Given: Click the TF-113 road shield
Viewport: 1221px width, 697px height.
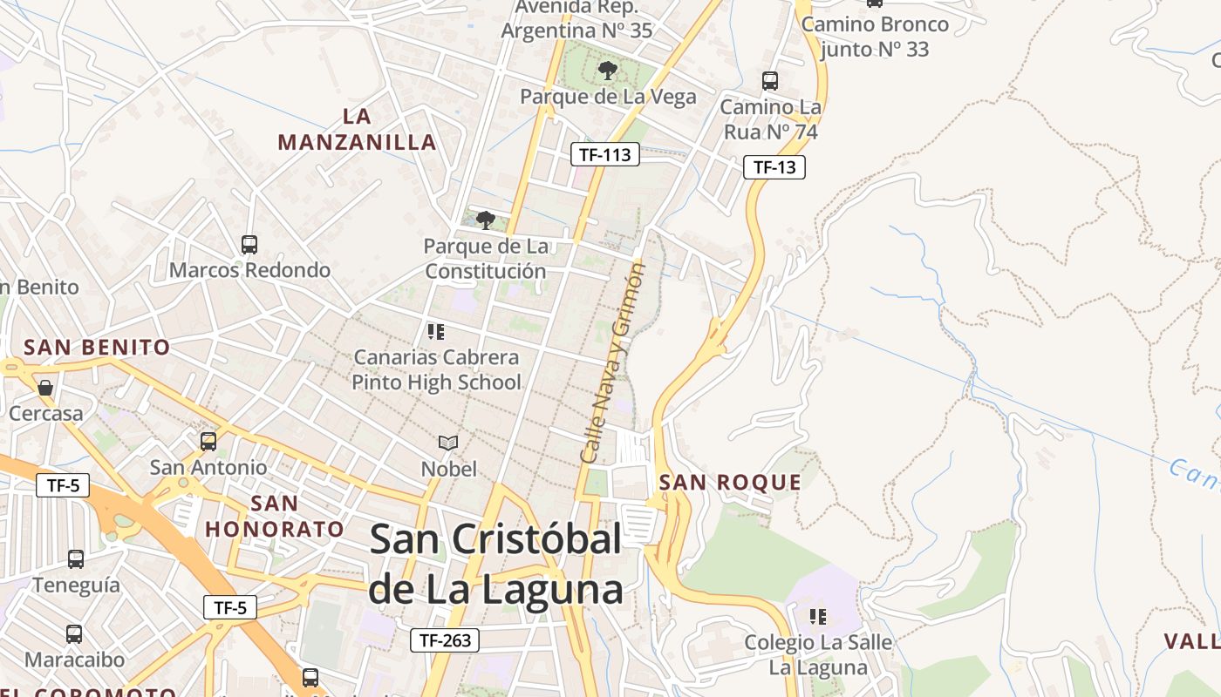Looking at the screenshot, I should (605, 155).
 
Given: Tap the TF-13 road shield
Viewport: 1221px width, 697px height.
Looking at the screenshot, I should (774, 167).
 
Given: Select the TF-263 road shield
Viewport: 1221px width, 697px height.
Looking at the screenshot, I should (445, 640).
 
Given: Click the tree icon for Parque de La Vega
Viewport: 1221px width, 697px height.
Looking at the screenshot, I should (608, 71).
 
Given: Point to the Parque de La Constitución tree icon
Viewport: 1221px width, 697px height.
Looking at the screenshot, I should (486, 220).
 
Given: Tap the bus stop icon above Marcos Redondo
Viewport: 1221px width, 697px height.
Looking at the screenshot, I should (249, 245).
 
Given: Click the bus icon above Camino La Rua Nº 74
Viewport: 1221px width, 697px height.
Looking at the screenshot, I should (770, 81).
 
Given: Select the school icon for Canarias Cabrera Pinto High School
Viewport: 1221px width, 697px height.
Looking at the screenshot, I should (436, 331).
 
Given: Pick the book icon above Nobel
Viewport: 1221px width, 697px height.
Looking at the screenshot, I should (448, 443).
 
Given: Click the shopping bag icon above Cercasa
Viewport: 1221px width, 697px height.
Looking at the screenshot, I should (45, 387).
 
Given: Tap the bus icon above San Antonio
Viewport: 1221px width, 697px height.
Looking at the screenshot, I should (208, 442).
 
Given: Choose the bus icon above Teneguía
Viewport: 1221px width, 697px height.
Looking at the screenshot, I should (76, 559).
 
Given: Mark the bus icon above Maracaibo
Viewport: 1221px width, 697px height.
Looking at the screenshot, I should (74, 634).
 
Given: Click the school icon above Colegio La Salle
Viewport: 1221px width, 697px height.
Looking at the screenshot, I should (818, 617).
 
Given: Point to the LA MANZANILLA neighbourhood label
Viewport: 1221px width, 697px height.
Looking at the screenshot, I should (357, 129).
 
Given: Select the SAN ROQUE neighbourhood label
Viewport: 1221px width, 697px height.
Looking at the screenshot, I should (730, 483).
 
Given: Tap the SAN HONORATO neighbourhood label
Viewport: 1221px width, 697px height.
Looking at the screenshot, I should (275, 516).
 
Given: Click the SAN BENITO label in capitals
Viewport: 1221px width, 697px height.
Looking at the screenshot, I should (97, 348).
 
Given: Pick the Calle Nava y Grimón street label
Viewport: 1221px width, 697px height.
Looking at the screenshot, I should (612, 363).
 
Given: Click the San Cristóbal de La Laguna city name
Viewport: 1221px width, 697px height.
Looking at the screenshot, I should (495, 565).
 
